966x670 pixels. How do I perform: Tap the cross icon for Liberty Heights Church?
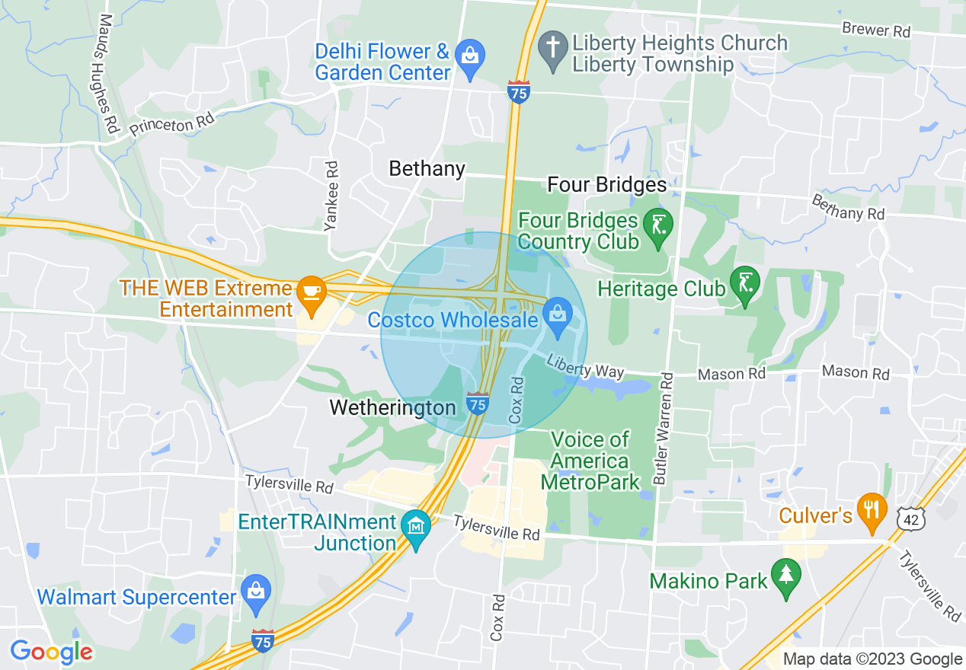[552, 46]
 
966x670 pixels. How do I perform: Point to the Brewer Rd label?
[876, 30]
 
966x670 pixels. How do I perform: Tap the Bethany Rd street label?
[847, 207]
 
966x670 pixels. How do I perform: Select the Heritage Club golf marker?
[744, 285]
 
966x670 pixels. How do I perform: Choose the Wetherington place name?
[392, 407]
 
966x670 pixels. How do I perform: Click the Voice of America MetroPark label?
[590, 461]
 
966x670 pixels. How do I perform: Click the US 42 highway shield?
[913, 518]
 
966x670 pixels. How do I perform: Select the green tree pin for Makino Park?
[785, 576]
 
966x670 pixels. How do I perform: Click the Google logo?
[52, 652]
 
